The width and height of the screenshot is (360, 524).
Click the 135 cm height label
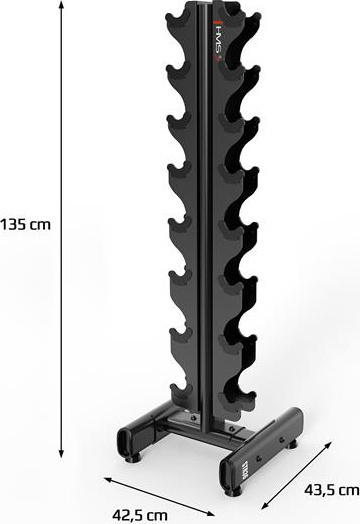click(x=25, y=225)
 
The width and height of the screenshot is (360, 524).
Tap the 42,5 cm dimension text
click(x=140, y=515)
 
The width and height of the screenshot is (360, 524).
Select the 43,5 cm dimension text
click(x=332, y=490)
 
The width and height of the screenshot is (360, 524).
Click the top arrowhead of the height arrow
click(x=61, y=6)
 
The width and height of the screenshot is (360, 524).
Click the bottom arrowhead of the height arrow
click(x=61, y=452)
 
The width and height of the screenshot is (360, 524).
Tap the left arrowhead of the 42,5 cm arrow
click(x=108, y=480)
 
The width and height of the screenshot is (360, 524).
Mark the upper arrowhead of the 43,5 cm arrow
click(x=328, y=445)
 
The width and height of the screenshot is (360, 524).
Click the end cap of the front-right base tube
click(x=227, y=475)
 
